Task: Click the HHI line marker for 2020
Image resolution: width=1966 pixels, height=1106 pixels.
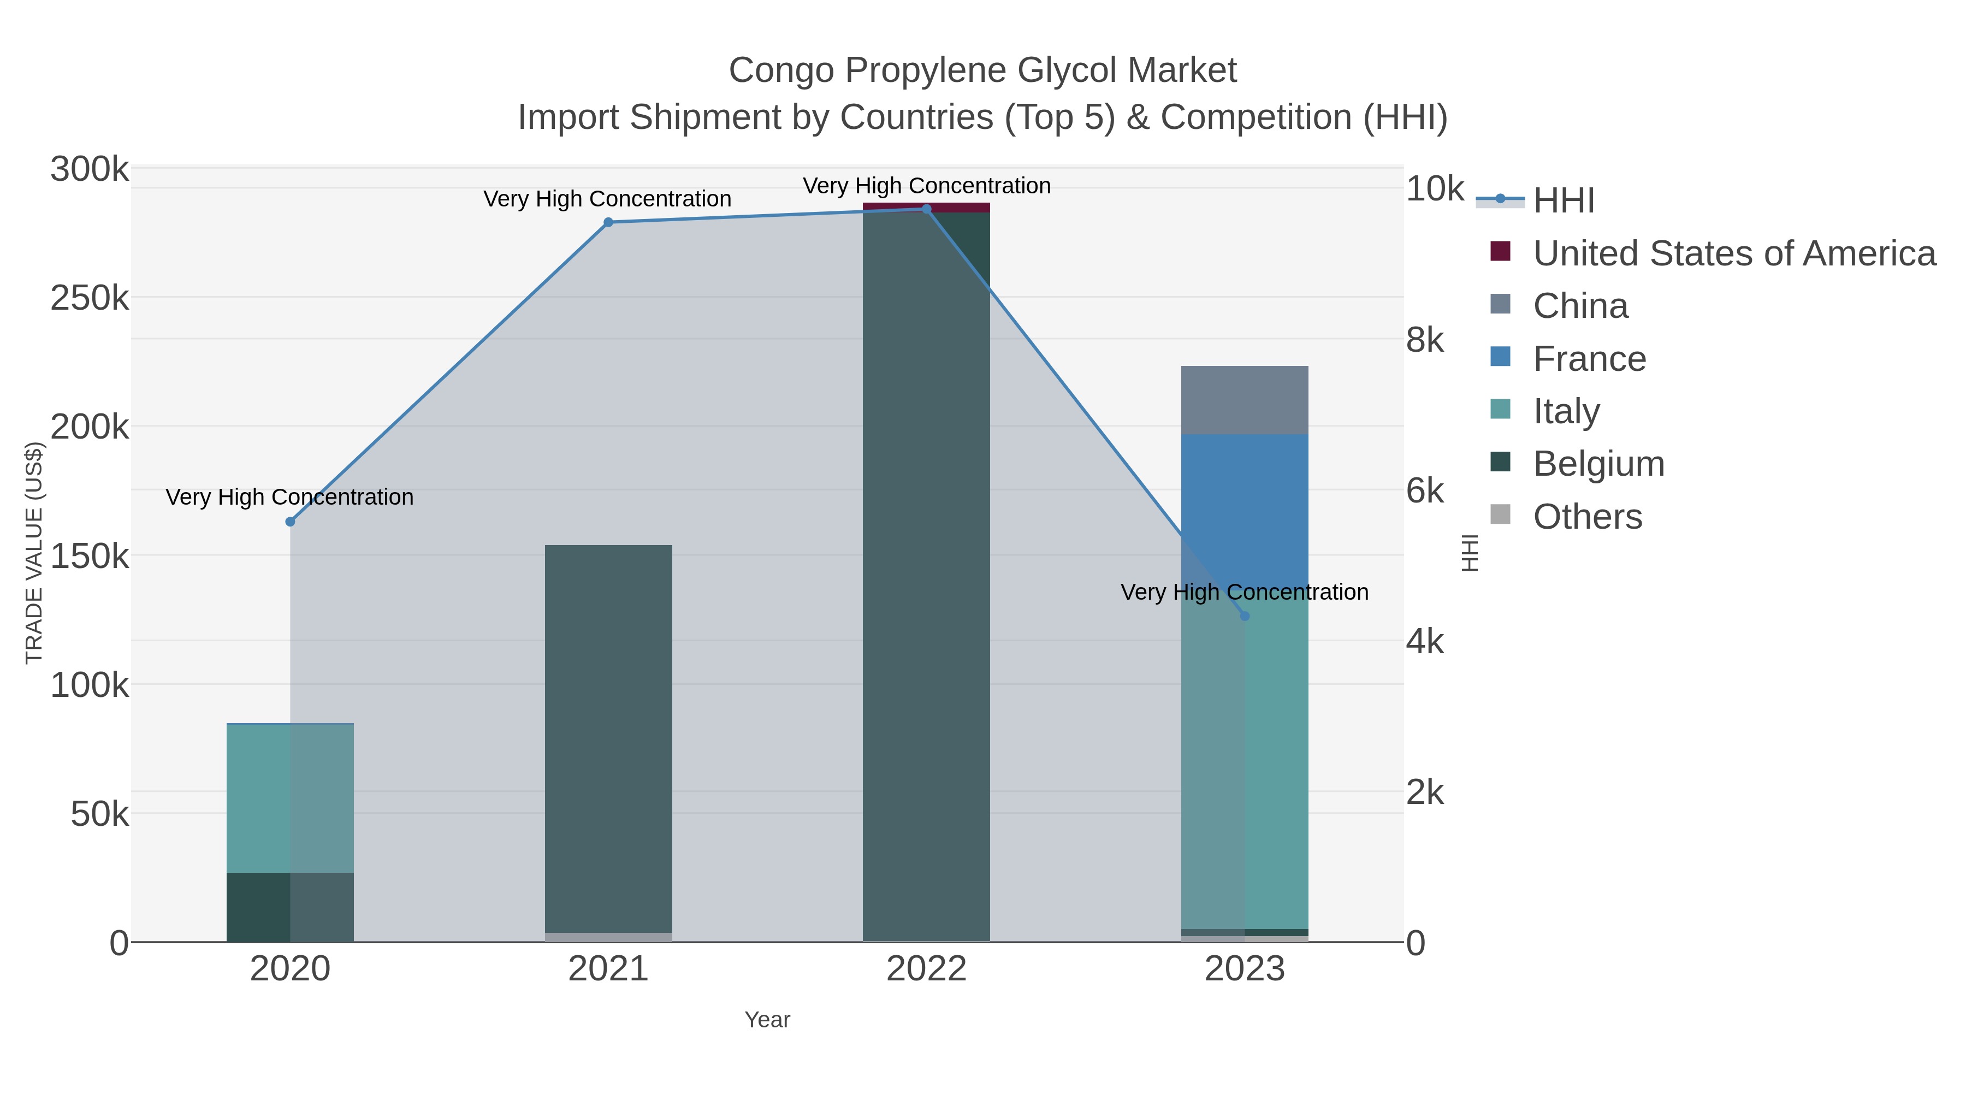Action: pyautogui.click(x=290, y=522)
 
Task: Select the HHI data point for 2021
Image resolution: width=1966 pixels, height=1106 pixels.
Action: pyautogui.click(x=608, y=223)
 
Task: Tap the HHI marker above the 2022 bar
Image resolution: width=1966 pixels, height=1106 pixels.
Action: pyautogui.click(x=927, y=209)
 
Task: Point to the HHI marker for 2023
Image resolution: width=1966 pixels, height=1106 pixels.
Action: pyautogui.click(x=1245, y=616)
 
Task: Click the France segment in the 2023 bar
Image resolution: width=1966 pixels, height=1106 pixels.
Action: pyautogui.click(x=1245, y=511)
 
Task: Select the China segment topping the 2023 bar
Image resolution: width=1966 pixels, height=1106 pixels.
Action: pyautogui.click(x=1245, y=400)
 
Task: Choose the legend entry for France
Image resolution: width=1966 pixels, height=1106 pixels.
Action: pyautogui.click(x=1589, y=359)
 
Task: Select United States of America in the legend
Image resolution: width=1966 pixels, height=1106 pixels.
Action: pyautogui.click(x=1733, y=253)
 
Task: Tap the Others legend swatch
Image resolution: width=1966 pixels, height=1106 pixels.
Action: pyautogui.click(x=1501, y=515)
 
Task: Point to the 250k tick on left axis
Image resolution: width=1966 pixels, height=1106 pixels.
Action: pyautogui.click(x=90, y=298)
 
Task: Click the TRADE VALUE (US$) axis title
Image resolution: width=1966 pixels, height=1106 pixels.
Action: pyautogui.click(x=34, y=553)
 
